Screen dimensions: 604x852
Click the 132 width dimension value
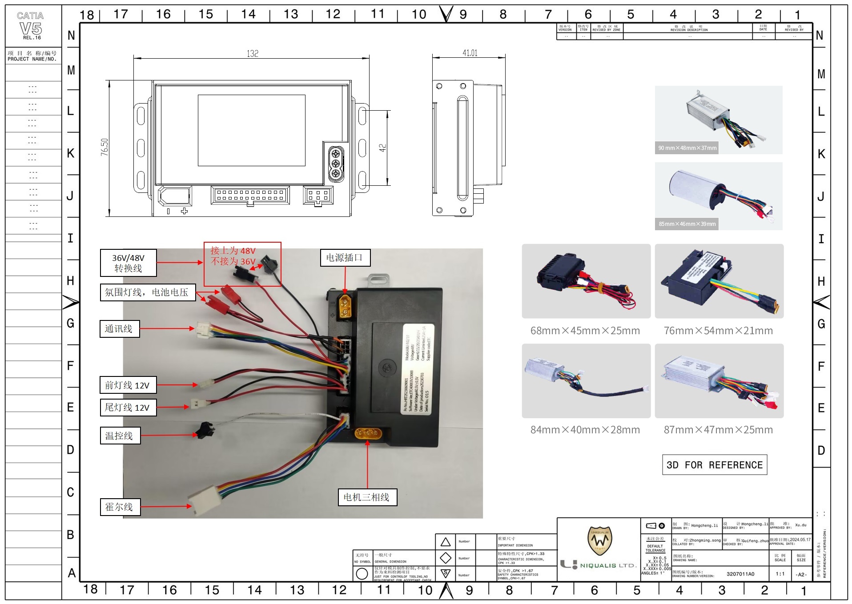pyautogui.click(x=253, y=54)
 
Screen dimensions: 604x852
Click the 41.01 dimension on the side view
pyautogui.click(x=470, y=53)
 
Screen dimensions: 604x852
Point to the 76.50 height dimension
pyautogui.click(x=104, y=147)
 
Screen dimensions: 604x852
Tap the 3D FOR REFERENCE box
pyautogui.click(x=714, y=465)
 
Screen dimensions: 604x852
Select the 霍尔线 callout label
pyautogui.click(x=120, y=507)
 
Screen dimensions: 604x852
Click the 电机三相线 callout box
pyautogui.click(x=367, y=497)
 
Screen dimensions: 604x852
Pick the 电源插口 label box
pyautogui.click(x=345, y=258)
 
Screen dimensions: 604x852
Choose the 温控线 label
pyautogui.click(x=119, y=436)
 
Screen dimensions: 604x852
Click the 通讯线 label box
pyautogui.click(x=119, y=329)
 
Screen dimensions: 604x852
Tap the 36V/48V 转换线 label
pyautogui.click(x=128, y=263)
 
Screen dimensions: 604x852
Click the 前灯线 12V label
pyautogui.click(x=128, y=385)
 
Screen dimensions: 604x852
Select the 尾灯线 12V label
pyautogui.click(x=128, y=408)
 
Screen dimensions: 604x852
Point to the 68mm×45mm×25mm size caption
pyautogui.click(x=585, y=331)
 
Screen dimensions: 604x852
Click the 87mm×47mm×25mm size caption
pyautogui.click(x=718, y=430)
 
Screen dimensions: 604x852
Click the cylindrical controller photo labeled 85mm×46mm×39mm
pyautogui.click(x=718, y=196)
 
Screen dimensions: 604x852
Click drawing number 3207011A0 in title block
pyautogui.click(x=740, y=574)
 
